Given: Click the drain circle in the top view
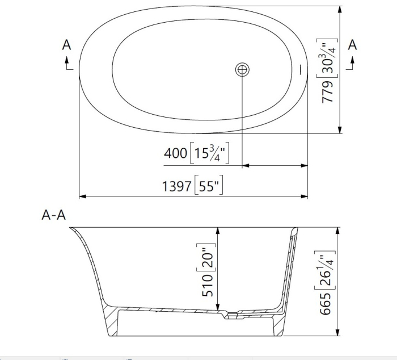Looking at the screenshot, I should pos(243,70).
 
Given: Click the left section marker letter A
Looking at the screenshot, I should pos(67,45).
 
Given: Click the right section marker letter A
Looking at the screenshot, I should pos(352,45).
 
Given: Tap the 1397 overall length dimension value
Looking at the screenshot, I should pos(176,186).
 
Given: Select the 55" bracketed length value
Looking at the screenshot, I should pos(209,186).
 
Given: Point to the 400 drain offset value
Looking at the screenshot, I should pos(175,153).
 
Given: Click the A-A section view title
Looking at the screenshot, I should pos(54,215).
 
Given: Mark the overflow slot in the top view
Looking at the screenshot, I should pos(299,70).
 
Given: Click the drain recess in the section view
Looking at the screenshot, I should pos(230,314).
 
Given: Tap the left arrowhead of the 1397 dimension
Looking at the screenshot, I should pos(82,196).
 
